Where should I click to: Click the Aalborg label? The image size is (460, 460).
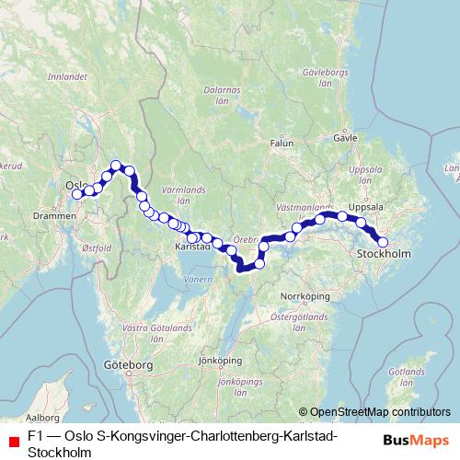(41, 417)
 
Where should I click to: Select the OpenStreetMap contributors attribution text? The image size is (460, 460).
(380, 412)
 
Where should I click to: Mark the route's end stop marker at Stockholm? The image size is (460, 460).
(384, 243)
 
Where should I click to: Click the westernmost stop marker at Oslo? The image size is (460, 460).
(78, 193)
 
